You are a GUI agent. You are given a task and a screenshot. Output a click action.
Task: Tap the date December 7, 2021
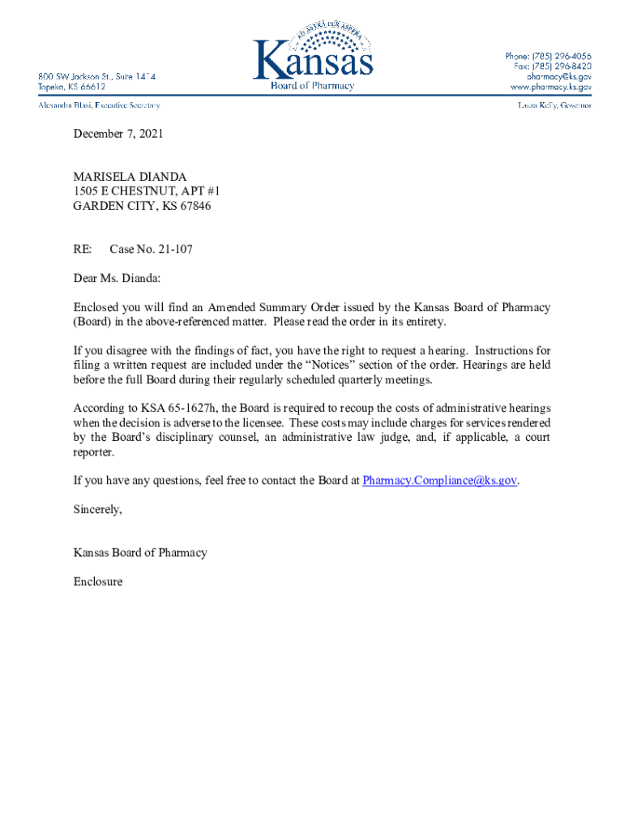point(118,134)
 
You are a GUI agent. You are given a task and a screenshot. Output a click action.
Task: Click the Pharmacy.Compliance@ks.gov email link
point(439,480)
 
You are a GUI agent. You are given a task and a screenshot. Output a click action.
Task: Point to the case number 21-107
point(175,250)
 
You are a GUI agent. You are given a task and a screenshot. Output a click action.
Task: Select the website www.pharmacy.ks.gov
point(550,86)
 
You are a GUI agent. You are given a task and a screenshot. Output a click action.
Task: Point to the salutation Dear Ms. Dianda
point(117,279)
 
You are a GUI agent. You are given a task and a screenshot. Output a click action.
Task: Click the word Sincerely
point(97,509)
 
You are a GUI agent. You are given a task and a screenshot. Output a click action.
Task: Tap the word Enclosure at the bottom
point(98,581)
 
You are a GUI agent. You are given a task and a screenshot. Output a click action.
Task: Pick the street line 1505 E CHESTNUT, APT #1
point(147,190)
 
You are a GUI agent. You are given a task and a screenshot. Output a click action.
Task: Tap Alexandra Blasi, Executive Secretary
point(100,105)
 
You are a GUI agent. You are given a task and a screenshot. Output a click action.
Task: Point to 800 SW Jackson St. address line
point(96,76)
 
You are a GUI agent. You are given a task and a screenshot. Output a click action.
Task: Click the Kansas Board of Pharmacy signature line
point(140,553)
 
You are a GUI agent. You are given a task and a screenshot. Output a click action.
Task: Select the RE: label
point(83,250)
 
